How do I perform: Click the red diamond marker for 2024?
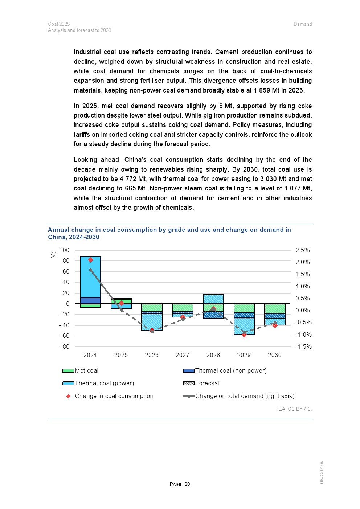[91, 260]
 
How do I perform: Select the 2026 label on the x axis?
[152, 355]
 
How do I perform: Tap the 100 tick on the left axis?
[64, 250]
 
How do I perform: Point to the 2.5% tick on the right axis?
[303, 250]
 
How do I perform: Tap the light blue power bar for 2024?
[90, 278]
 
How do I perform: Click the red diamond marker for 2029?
[244, 335]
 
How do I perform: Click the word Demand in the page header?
[303, 24]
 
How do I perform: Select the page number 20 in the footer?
[187, 484]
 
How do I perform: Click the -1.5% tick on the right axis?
[303, 346]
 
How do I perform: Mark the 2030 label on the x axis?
[275, 355]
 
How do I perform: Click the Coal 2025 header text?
[59, 24]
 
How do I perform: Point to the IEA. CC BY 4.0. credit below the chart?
[294, 409]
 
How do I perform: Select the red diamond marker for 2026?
[152, 330]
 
